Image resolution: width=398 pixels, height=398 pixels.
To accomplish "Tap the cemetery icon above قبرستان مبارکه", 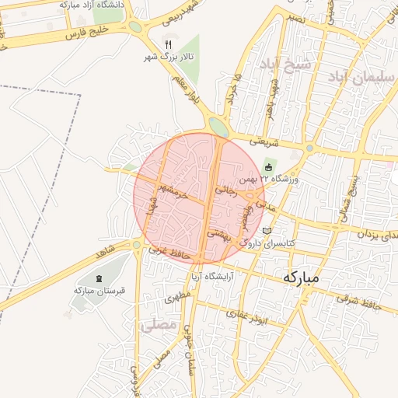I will (99, 278).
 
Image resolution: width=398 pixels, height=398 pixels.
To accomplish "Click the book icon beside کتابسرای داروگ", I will (268, 232).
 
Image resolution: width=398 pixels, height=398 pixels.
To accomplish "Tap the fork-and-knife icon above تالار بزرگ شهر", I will (168, 44).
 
